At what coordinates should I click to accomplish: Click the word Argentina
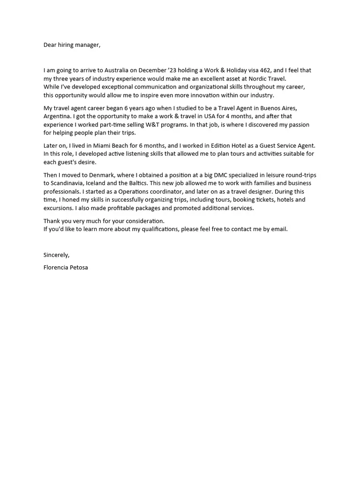pos(59,116)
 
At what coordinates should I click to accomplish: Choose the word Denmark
pos(99,175)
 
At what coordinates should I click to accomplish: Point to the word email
pos(278,229)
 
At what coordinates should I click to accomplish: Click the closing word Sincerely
pos(56,255)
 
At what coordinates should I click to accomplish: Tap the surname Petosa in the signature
pos(78,268)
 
